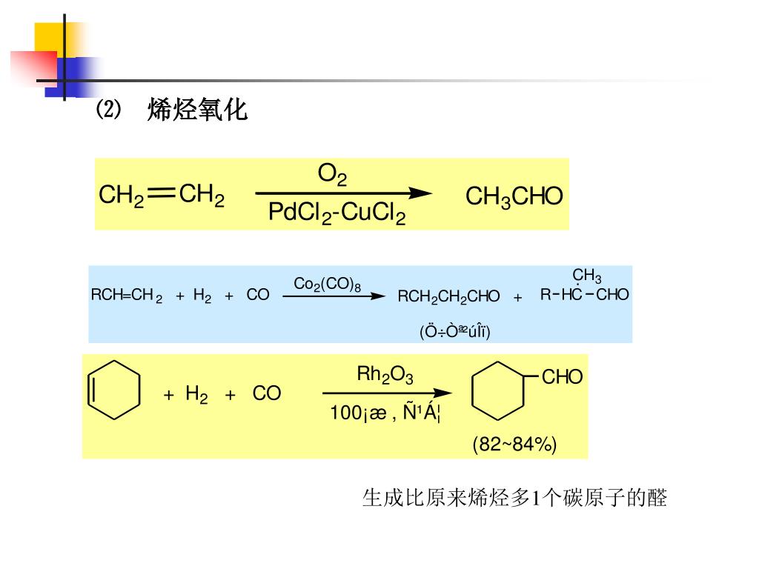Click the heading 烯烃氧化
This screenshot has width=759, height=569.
(x=197, y=110)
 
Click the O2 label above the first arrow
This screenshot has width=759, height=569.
(x=332, y=175)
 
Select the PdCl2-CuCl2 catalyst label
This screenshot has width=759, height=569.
(x=337, y=214)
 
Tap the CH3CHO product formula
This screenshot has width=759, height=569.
(x=514, y=197)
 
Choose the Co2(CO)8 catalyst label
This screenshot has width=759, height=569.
(x=327, y=284)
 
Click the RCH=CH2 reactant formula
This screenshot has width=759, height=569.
(x=126, y=295)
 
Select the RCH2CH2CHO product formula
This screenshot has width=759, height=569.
(x=448, y=296)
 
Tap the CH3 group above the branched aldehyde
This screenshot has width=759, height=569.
(x=586, y=277)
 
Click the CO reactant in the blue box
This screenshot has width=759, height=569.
(x=257, y=295)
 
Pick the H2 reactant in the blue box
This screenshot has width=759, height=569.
(x=202, y=296)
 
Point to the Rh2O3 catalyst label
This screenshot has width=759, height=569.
(x=385, y=375)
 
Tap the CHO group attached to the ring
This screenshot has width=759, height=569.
(x=562, y=378)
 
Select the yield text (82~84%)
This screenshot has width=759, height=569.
(x=514, y=445)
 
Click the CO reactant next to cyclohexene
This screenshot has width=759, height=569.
(x=266, y=393)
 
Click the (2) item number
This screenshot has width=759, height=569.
(x=107, y=110)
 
